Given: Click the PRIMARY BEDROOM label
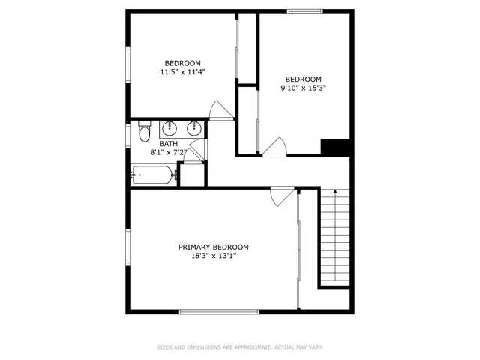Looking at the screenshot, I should (x=213, y=247).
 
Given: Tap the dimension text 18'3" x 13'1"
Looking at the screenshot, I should (x=213, y=256).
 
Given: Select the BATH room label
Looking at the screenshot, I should (x=168, y=144).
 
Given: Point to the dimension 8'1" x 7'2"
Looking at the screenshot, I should (x=168, y=152).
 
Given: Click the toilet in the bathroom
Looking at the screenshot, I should (x=143, y=134).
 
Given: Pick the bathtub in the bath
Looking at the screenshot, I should (x=153, y=175).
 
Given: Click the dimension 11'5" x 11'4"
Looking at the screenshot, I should (x=182, y=72).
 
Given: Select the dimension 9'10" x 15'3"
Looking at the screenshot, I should (x=303, y=88).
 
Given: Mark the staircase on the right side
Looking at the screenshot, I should (x=335, y=236).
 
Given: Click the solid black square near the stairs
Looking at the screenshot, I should (x=335, y=148).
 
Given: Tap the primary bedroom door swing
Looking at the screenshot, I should (x=280, y=196).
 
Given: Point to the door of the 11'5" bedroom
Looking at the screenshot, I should (x=220, y=111).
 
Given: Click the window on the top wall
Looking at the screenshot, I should (x=305, y=11).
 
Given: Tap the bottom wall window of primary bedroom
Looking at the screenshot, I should (x=219, y=311).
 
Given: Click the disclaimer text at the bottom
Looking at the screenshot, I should (x=239, y=347).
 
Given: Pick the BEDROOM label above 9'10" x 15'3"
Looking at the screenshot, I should (x=303, y=79).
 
